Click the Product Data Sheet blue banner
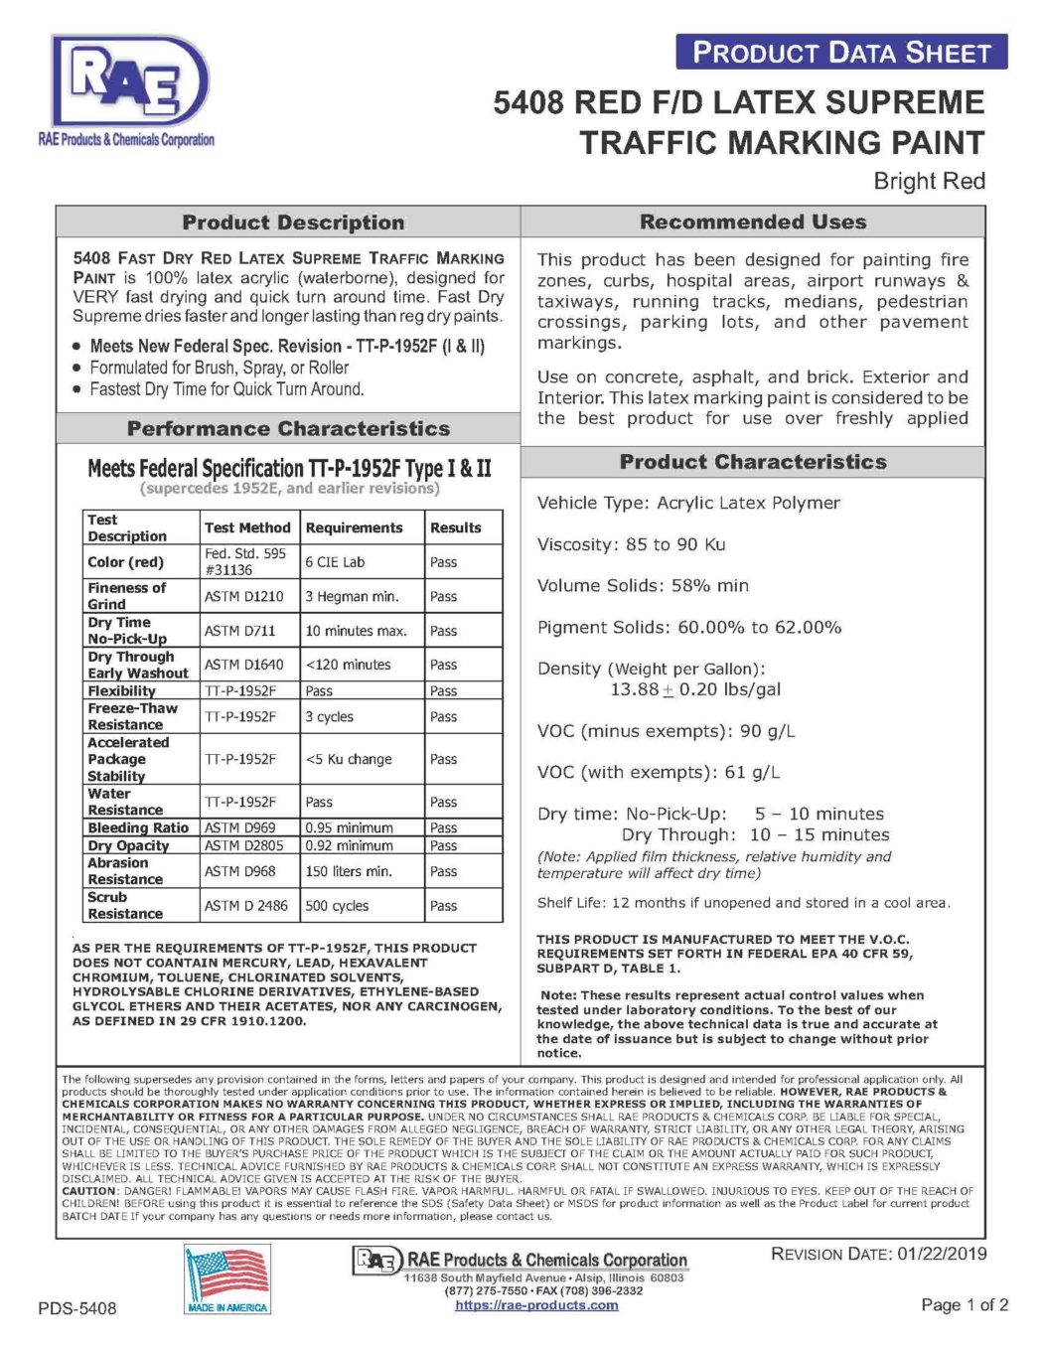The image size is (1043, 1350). tap(841, 52)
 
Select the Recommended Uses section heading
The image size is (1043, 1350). tap(753, 222)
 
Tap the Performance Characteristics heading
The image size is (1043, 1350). tap(288, 429)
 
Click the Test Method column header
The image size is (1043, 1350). tap(247, 527)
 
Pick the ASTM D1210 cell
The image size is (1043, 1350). tap(244, 596)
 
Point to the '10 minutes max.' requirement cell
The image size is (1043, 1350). tap(356, 631)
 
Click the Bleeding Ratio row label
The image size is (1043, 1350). tap(138, 827)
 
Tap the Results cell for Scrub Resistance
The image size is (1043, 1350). tap(444, 906)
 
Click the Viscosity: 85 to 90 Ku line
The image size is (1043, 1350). tap(632, 544)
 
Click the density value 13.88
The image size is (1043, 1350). tap(634, 689)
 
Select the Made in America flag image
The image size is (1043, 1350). tap(227, 1279)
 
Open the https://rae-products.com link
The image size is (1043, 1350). tap(536, 1305)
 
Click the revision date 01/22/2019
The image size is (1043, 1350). tap(942, 1254)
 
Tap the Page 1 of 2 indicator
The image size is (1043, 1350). tap(965, 1304)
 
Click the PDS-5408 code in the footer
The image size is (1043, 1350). tap(77, 1308)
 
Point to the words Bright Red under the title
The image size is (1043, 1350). tap(929, 181)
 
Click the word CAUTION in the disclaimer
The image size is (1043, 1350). tap(89, 1190)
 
